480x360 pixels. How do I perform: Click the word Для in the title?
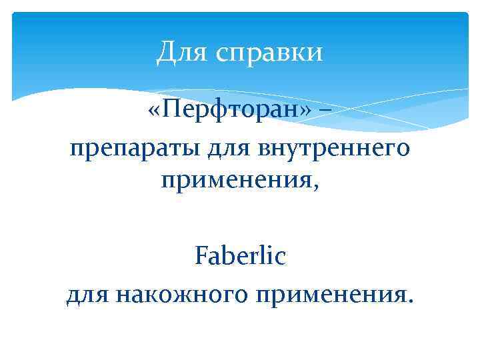click(x=177, y=53)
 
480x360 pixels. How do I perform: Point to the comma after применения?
click(x=316, y=187)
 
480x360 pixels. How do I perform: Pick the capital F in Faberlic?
click(x=201, y=255)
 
